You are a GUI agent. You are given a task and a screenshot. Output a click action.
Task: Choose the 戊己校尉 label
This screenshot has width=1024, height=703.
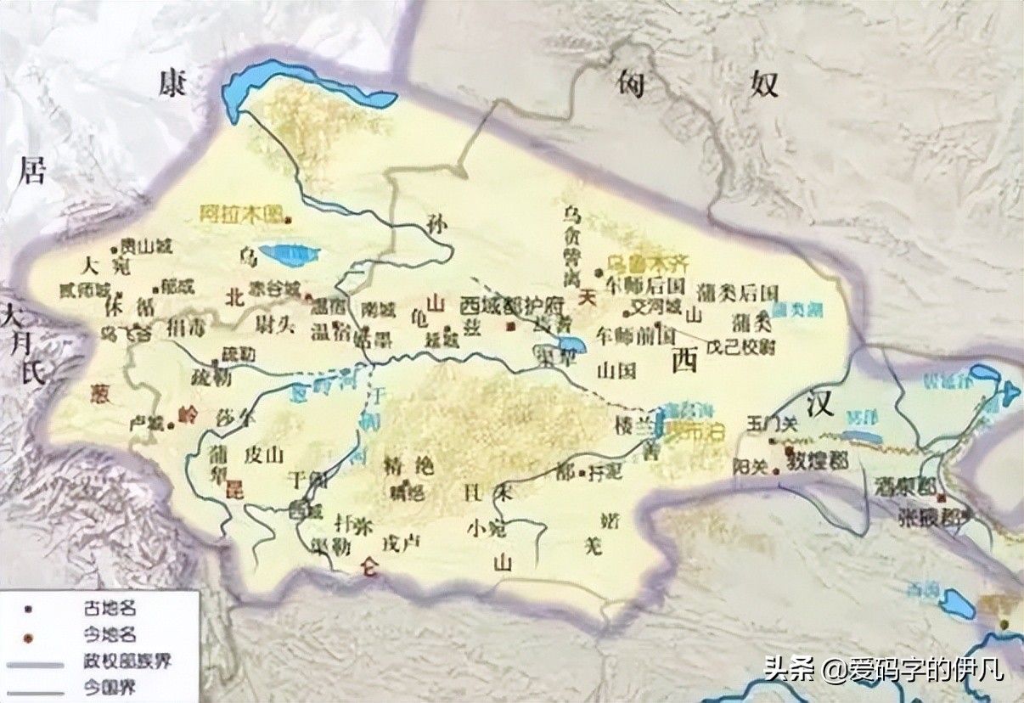(742, 347)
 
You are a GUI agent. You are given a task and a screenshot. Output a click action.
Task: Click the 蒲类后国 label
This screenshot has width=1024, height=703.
(736, 292)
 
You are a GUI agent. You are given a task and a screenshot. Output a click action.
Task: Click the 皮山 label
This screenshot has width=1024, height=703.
(262, 455)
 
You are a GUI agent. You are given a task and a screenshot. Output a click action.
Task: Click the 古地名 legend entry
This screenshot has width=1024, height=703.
(106, 607)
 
